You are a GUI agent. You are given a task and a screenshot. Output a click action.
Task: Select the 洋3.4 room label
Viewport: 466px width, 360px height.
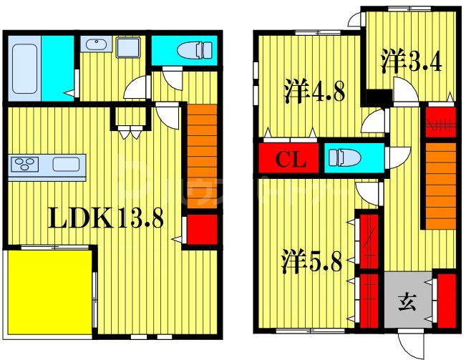click(x=411, y=60)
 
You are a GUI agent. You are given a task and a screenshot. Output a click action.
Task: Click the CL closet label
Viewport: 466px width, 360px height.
click(x=291, y=160)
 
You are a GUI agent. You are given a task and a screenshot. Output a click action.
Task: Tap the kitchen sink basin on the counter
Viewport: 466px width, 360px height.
click(x=65, y=165)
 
